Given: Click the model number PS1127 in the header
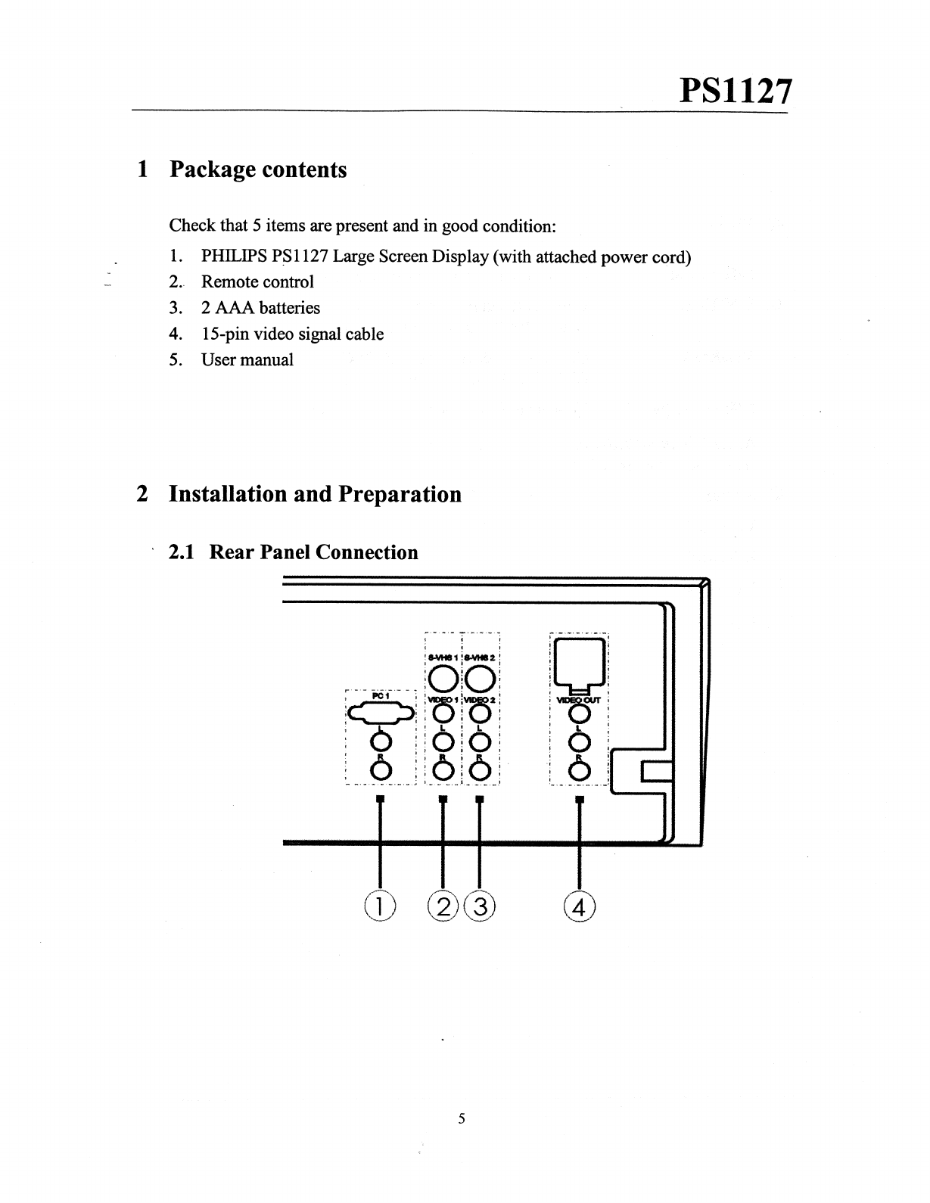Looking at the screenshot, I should tap(736, 92).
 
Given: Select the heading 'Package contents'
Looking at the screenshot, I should tap(258, 169).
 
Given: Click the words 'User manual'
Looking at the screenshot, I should tap(247, 360).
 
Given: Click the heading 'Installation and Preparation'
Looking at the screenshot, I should tap(315, 494).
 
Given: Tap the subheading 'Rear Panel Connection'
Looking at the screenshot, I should tap(313, 552).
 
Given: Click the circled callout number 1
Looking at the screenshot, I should tap(379, 905).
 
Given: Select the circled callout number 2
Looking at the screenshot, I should tap(443, 905).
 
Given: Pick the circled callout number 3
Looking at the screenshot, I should tap(480, 905).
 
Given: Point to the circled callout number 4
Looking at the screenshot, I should tap(580, 905).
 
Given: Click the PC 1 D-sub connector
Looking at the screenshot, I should tap(381, 713).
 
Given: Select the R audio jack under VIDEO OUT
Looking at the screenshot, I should tap(580, 771).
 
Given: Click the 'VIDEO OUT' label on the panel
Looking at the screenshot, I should tap(579, 700).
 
